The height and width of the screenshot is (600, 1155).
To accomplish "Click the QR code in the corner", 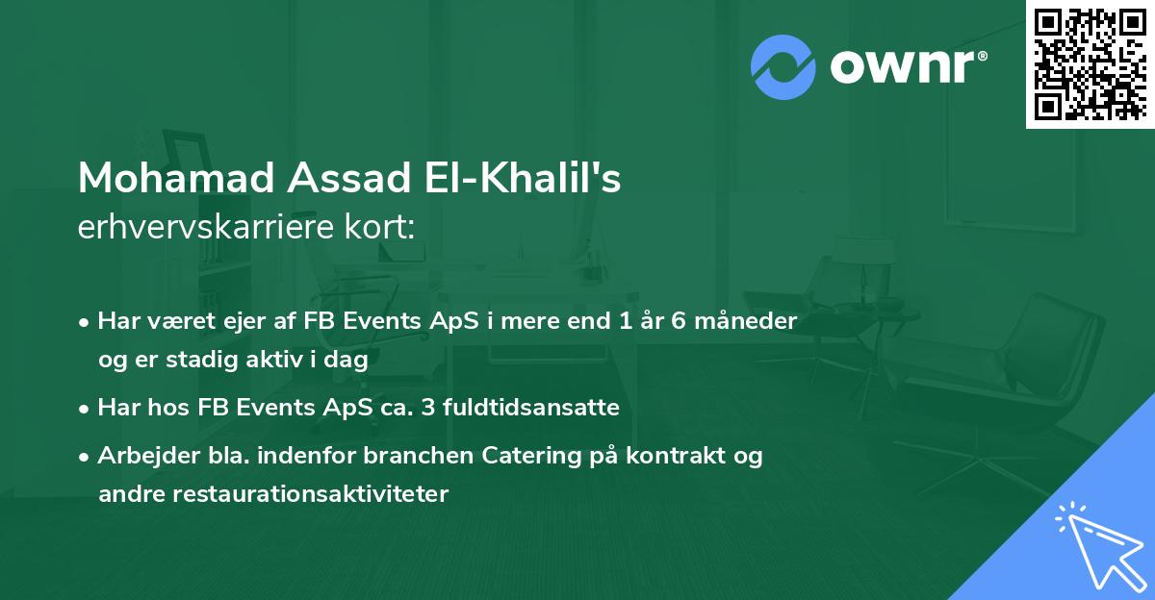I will click(x=1090, y=63).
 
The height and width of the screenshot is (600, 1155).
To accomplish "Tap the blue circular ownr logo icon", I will click(x=783, y=67).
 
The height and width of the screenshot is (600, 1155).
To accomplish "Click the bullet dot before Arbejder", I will click(x=86, y=457).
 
